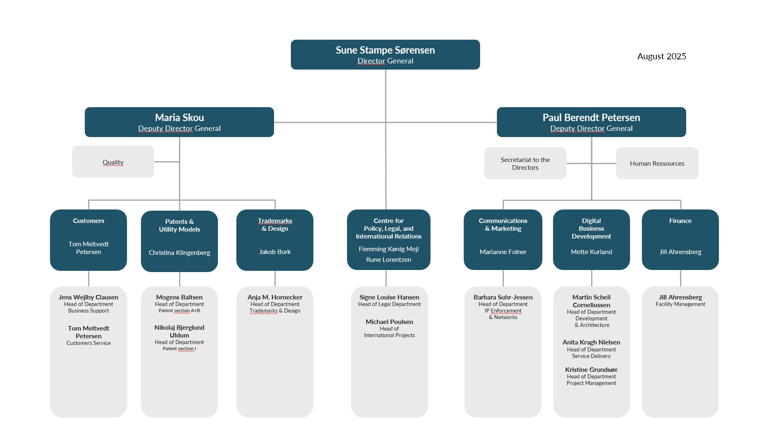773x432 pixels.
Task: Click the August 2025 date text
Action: [662, 56]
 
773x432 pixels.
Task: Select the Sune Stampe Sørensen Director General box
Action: [385, 54]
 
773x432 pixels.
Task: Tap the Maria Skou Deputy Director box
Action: [179, 122]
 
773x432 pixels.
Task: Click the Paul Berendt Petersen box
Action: [591, 122]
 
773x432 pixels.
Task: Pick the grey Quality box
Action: [113, 162]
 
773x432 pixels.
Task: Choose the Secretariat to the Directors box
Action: [525, 163]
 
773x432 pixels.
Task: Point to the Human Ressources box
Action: [657, 163]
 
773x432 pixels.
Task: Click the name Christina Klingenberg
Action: [179, 252]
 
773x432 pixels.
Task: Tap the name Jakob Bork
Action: [275, 252]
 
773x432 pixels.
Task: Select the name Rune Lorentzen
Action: [388, 259]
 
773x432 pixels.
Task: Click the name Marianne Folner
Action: [503, 252]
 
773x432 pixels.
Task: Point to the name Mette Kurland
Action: [592, 252]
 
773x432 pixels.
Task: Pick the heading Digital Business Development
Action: [592, 228]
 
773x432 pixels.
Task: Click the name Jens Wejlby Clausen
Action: [88, 297]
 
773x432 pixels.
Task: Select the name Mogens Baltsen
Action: [179, 297]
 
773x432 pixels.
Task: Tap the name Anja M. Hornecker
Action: [275, 297]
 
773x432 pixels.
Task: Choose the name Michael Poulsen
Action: [389, 322]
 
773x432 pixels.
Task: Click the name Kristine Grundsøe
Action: [592, 369]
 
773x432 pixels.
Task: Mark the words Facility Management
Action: [680, 304]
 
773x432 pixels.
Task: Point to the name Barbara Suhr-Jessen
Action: [503, 297]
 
